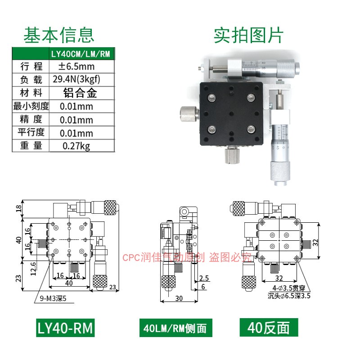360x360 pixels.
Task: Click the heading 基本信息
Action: [x=58, y=35]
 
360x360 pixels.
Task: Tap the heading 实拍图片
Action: [x=248, y=35]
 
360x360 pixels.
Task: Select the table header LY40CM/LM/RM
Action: [x=81, y=54]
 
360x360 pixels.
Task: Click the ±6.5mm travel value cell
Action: [x=76, y=67]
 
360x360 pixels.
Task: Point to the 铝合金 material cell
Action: [x=80, y=93]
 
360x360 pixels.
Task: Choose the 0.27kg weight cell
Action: [x=76, y=146]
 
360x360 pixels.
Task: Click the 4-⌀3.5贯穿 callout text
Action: [x=288, y=288]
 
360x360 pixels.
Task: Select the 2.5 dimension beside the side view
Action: [x=204, y=278]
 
